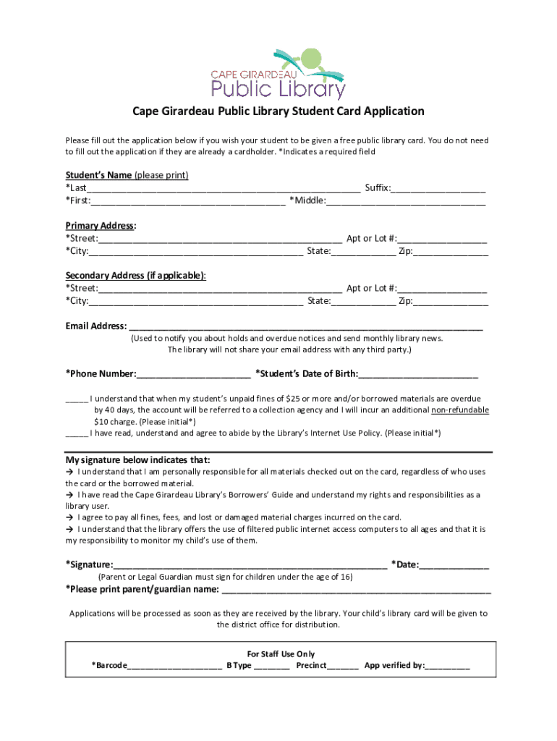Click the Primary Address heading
pyautogui.click(x=101, y=226)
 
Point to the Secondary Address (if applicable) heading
pyautogui.click(x=135, y=276)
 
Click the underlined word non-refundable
pyautogui.click(x=460, y=410)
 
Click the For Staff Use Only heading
pyautogui.click(x=281, y=654)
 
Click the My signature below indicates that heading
pyautogui.click(x=138, y=460)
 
